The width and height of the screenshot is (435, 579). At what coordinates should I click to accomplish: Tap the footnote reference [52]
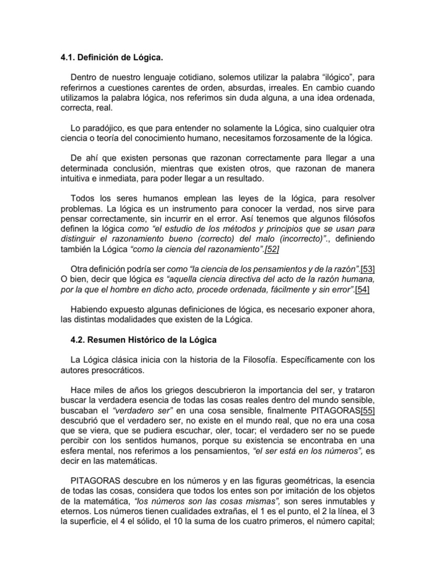click(269, 249)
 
